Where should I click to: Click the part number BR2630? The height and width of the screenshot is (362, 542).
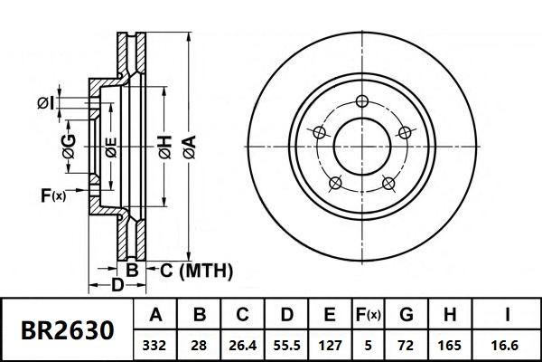[68, 330]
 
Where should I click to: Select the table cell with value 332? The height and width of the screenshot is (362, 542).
[155, 345]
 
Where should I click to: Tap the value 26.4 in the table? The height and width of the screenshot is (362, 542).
[242, 345]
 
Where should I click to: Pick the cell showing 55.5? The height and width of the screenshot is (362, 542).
[285, 345]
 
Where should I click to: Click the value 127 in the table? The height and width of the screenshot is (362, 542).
[329, 345]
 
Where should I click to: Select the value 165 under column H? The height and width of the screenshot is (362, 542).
[450, 345]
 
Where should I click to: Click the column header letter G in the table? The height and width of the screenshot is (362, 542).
[406, 316]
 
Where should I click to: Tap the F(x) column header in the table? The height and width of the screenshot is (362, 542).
[368, 316]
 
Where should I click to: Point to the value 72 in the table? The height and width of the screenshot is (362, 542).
[406, 345]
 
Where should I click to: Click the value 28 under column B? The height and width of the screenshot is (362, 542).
[199, 345]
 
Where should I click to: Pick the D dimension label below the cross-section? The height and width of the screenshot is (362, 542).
[117, 287]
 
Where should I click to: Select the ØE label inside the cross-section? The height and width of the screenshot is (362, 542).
[110, 147]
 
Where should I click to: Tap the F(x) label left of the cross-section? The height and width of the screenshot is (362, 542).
[53, 194]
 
